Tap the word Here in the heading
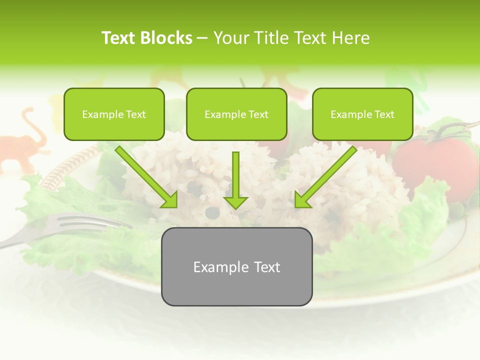pyautogui.click(x=350, y=38)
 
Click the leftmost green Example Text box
pyautogui.click(x=114, y=114)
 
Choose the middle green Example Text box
pyautogui.click(x=236, y=114)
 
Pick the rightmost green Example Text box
pyautogui.click(x=362, y=114)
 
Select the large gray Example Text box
pyautogui.click(x=236, y=266)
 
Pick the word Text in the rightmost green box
pyautogui.click(x=384, y=114)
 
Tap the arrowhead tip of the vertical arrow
pyautogui.click(x=235, y=207)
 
